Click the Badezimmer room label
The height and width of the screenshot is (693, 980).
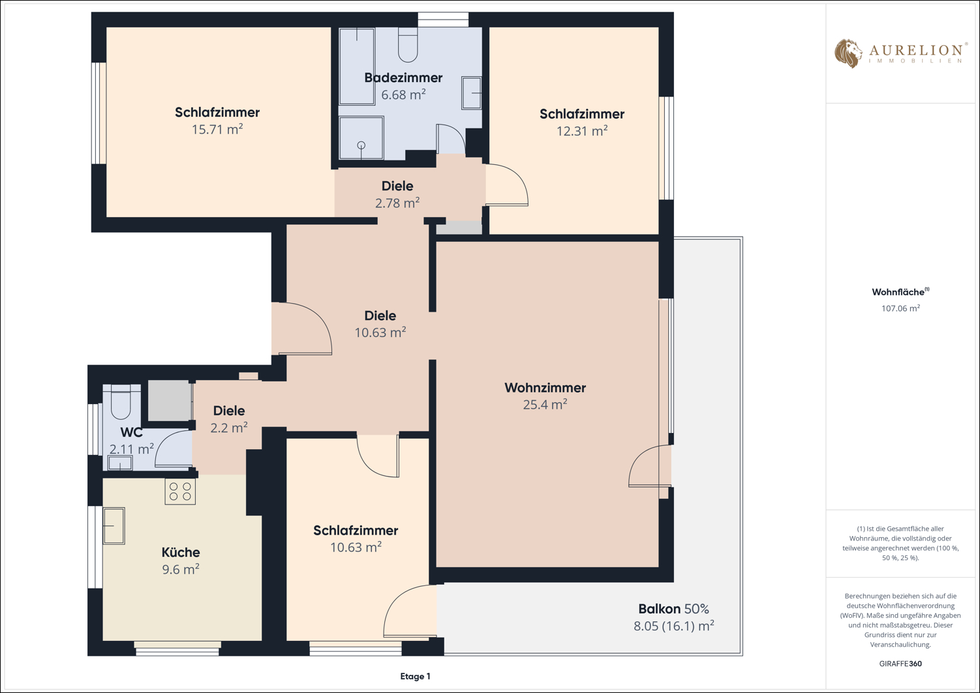(403, 78)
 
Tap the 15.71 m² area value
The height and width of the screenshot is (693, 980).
(217, 130)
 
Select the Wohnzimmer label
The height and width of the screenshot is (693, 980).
(545, 388)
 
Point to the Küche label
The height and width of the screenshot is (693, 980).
(181, 552)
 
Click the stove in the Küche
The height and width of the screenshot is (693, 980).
(180, 491)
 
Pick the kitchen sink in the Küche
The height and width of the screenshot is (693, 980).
(114, 525)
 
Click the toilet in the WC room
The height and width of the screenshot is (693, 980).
(121, 402)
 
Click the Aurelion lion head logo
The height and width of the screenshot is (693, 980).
(848, 53)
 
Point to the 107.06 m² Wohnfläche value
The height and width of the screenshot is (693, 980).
(900, 308)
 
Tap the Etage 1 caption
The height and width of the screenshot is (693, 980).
(415, 677)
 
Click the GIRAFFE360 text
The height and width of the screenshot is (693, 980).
(900, 664)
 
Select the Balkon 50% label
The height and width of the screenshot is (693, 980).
(674, 609)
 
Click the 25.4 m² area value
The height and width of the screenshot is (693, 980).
(545, 405)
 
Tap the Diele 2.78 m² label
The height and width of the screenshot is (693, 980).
(397, 194)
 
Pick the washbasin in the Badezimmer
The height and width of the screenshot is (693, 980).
(472, 93)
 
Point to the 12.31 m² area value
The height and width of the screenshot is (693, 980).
(582, 131)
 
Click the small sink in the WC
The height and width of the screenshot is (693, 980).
(120, 463)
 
